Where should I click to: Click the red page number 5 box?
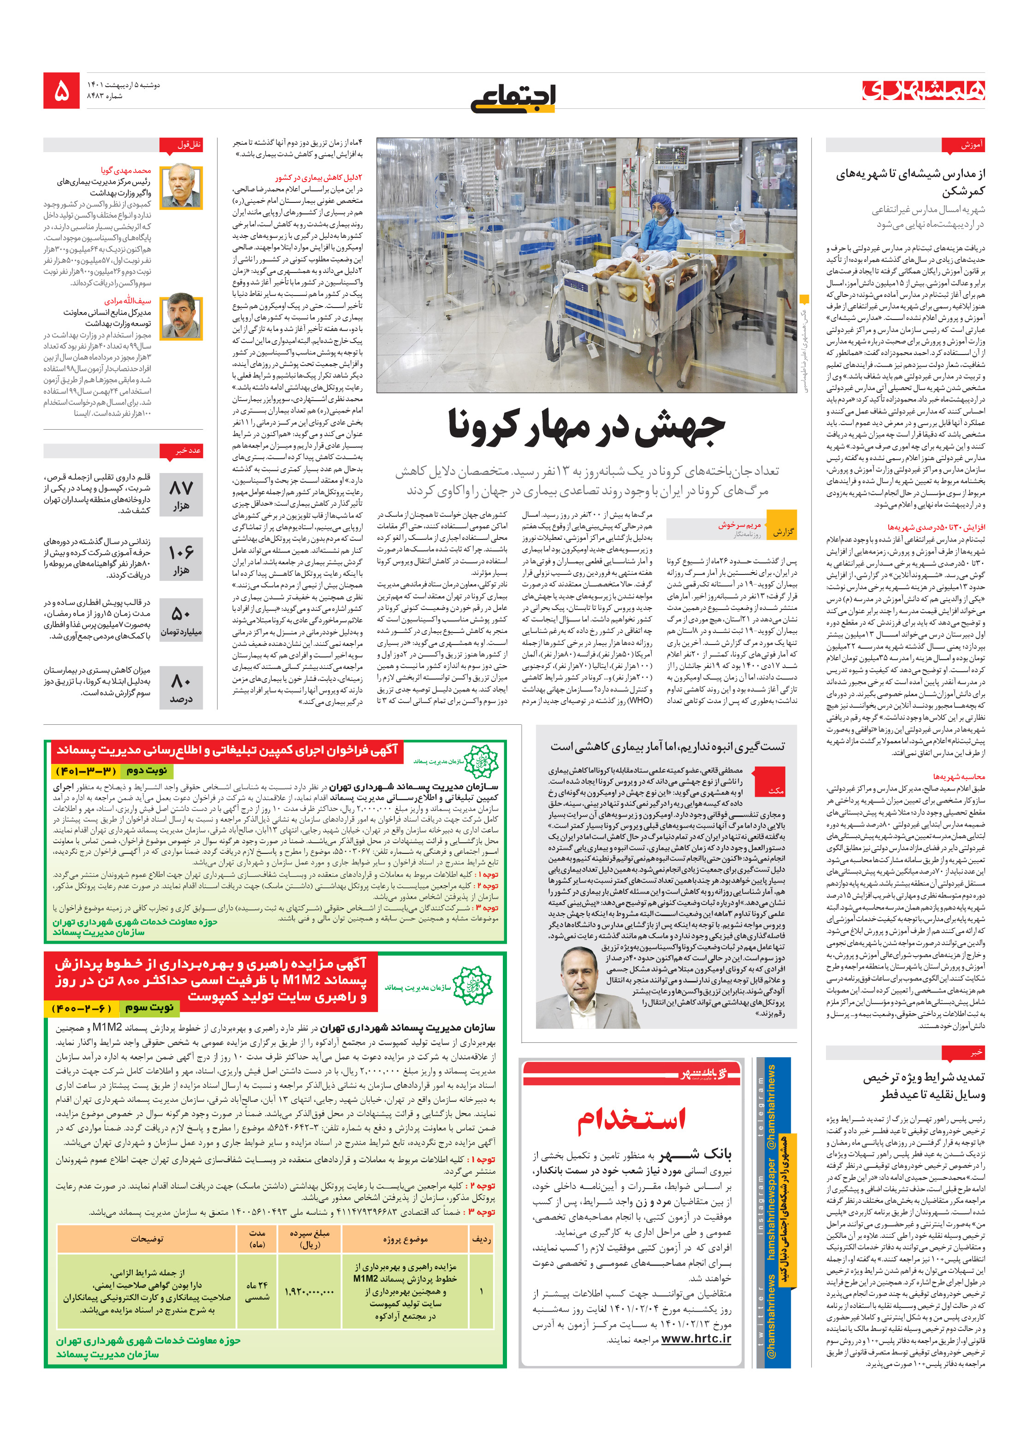click(61, 90)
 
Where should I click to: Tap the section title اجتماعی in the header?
click(513, 98)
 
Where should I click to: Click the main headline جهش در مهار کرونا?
click(586, 426)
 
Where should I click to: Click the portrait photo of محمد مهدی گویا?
click(181, 187)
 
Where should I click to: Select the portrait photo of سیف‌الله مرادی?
click(181, 315)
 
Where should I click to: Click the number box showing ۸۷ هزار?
click(181, 494)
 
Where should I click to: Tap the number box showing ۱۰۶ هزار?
click(181, 558)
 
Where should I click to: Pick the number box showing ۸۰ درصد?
click(181, 687)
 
